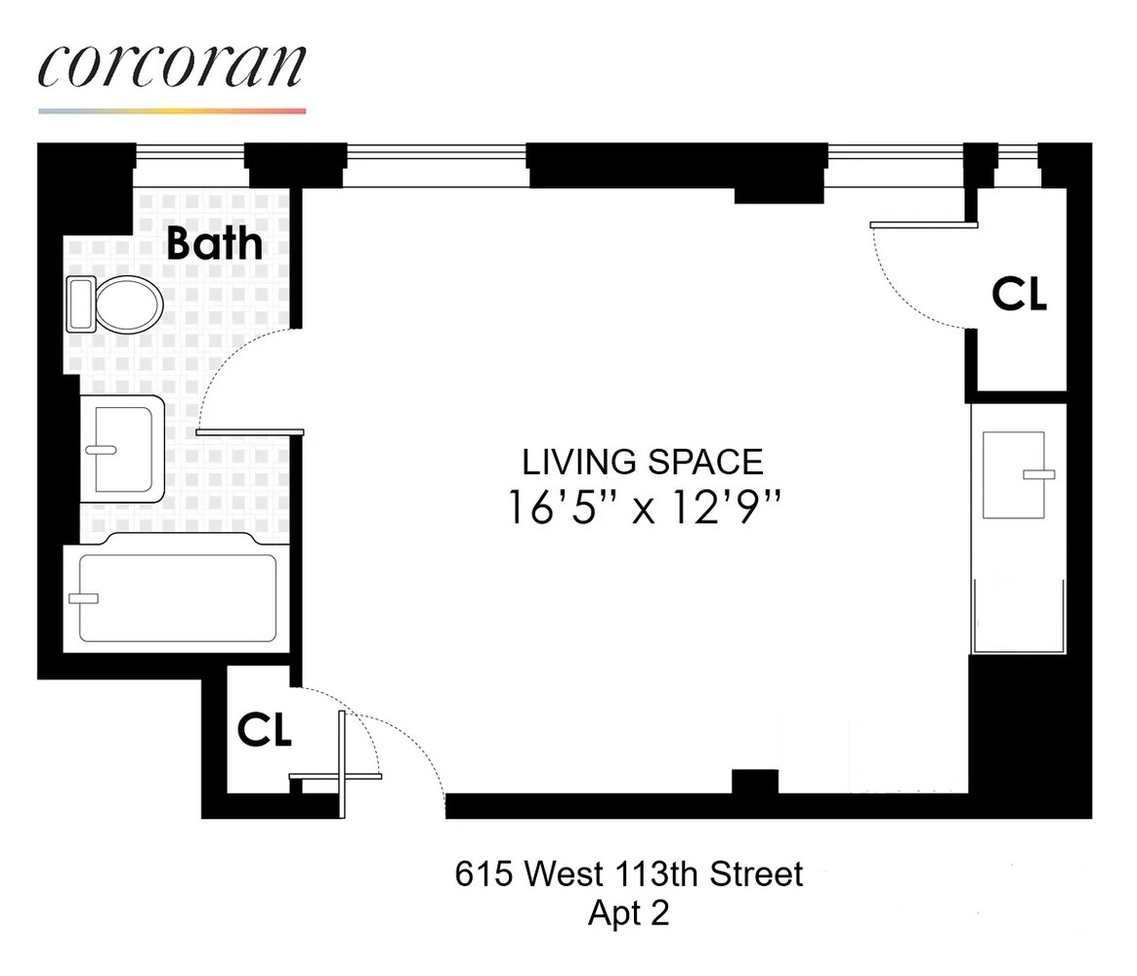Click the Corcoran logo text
click(x=172, y=65)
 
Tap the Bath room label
click(x=214, y=243)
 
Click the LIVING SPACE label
click(x=643, y=461)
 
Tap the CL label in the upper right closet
click(x=1019, y=294)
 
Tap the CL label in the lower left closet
click(x=265, y=731)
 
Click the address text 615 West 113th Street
click(x=629, y=874)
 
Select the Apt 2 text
click(x=628, y=914)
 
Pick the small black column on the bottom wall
click(x=754, y=781)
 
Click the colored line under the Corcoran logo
click(x=172, y=111)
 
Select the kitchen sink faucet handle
click(x=1038, y=474)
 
